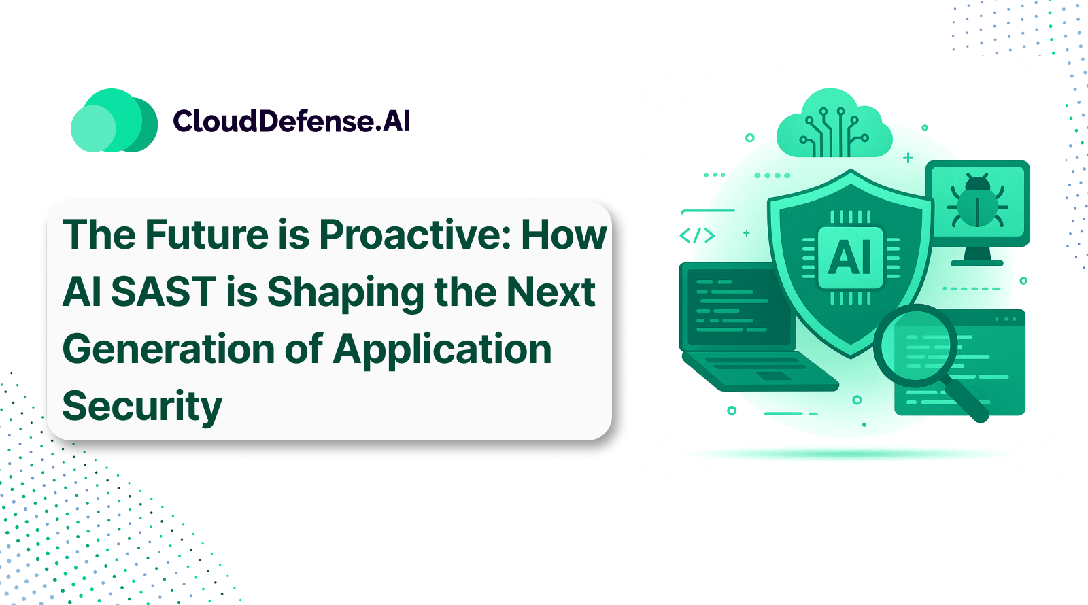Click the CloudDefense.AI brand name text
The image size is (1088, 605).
point(291,121)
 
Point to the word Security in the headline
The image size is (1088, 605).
point(142,407)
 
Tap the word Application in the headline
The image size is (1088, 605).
point(442,349)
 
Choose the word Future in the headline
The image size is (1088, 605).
point(207,235)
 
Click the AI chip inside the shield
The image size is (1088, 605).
point(850,257)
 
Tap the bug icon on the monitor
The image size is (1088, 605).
point(977,201)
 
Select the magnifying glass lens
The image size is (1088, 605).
point(915,345)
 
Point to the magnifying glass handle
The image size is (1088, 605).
point(966,401)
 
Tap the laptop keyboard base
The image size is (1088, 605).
point(758,370)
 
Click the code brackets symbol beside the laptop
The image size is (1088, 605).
point(697,236)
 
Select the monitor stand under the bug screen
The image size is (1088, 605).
point(977,256)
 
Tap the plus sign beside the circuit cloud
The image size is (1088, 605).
point(908,158)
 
